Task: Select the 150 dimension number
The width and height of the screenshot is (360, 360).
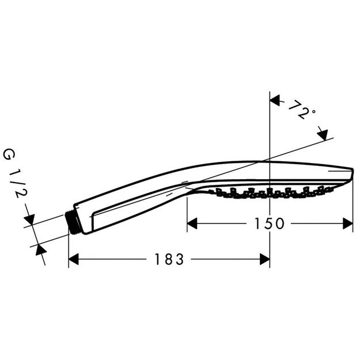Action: [x=268, y=223]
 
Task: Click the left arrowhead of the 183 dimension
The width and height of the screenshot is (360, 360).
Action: [x=73, y=259]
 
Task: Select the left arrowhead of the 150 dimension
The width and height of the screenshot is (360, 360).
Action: [x=191, y=223]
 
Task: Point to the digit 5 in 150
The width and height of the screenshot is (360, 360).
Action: [x=268, y=223]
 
